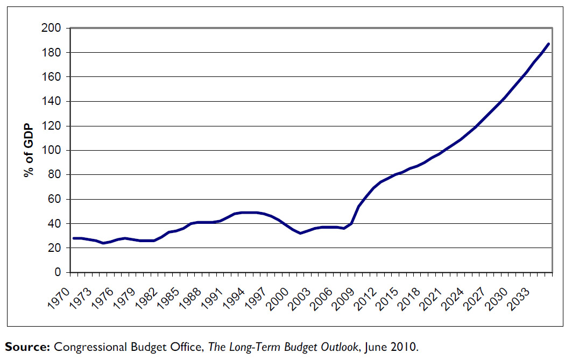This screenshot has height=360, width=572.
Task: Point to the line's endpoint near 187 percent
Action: click(x=548, y=44)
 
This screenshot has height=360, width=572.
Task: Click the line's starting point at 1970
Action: click(x=74, y=238)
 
